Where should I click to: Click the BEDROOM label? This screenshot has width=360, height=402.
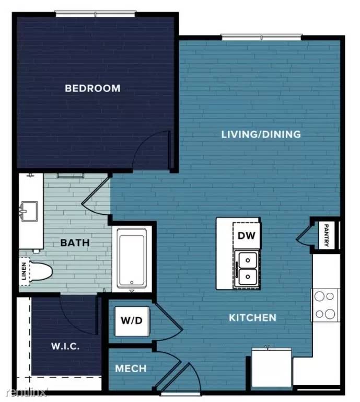[x=92, y=88]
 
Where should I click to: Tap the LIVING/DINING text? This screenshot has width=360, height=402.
[x=261, y=134]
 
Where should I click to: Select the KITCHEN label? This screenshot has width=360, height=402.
[x=252, y=317]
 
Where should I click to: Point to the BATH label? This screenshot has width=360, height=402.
[x=75, y=243]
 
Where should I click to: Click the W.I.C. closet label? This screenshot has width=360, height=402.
[x=65, y=346]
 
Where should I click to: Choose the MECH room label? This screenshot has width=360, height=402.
[x=131, y=369]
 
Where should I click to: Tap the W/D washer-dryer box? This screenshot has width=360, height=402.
[x=132, y=320]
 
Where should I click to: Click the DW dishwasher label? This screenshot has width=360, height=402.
[x=246, y=235]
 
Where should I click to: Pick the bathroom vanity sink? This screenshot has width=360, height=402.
[x=29, y=211]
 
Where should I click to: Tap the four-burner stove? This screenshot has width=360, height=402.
[x=324, y=305]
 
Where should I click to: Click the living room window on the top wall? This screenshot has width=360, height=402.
[x=261, y=37]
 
